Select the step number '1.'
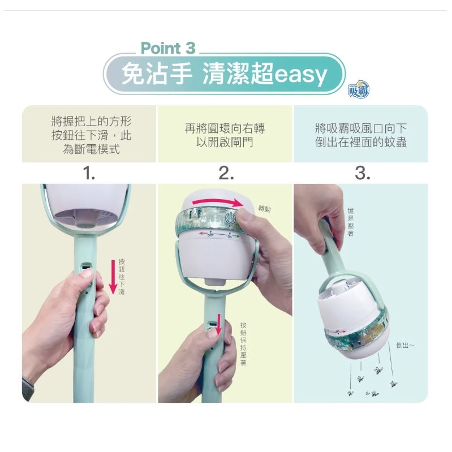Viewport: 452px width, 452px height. [x=88, y=174]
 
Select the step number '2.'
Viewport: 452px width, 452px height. [x=225, y=174]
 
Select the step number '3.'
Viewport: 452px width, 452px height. [x=361, y=174]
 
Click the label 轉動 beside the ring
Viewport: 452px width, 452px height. [x=264, y=209]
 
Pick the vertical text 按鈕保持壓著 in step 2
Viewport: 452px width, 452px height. [x=243, y=343]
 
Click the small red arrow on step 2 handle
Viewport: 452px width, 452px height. [x=218, y=330]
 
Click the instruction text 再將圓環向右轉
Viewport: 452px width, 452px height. [x=225, y=129]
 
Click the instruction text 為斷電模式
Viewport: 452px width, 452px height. [x=91, y=150]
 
